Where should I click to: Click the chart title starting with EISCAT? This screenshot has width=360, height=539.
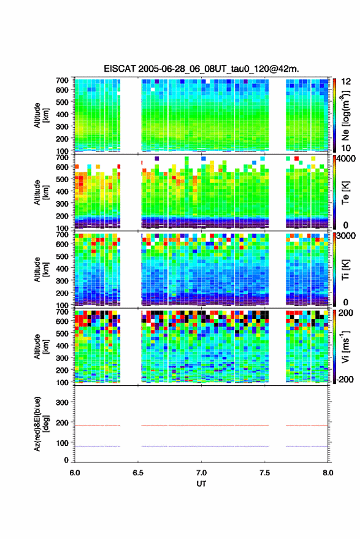coord(201,69)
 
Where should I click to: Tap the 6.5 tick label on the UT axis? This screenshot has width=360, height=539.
coord(138,473)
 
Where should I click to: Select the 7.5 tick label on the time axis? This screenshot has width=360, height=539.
coord(265,473)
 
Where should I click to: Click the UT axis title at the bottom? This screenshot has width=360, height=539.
coord(201,484)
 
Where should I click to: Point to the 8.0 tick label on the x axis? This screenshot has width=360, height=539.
coord(328,473)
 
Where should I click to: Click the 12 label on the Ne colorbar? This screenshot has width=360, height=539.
coord(346,82)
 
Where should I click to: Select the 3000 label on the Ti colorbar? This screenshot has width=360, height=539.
coord(347,235)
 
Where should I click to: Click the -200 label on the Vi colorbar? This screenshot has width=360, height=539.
coord(345,379)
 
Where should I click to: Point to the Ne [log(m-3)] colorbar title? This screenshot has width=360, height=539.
coord(345,115)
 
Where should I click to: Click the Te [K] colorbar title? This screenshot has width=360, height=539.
coord(345,193)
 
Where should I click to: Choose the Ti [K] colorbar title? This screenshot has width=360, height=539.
coord(345,270)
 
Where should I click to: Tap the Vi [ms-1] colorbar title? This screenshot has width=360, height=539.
coord(345,346)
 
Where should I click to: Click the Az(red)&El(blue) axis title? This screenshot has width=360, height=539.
coord(41,424)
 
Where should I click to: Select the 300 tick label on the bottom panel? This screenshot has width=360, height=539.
coord(62,402)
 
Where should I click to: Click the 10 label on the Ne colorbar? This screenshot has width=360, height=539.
coord(346,148)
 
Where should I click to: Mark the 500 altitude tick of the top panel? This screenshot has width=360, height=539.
coord(62,102)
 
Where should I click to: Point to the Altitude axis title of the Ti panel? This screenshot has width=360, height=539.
coord(41,270)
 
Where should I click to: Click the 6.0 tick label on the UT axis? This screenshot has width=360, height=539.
coord(75,473)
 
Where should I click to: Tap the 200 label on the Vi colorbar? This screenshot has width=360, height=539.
coord(346,313)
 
